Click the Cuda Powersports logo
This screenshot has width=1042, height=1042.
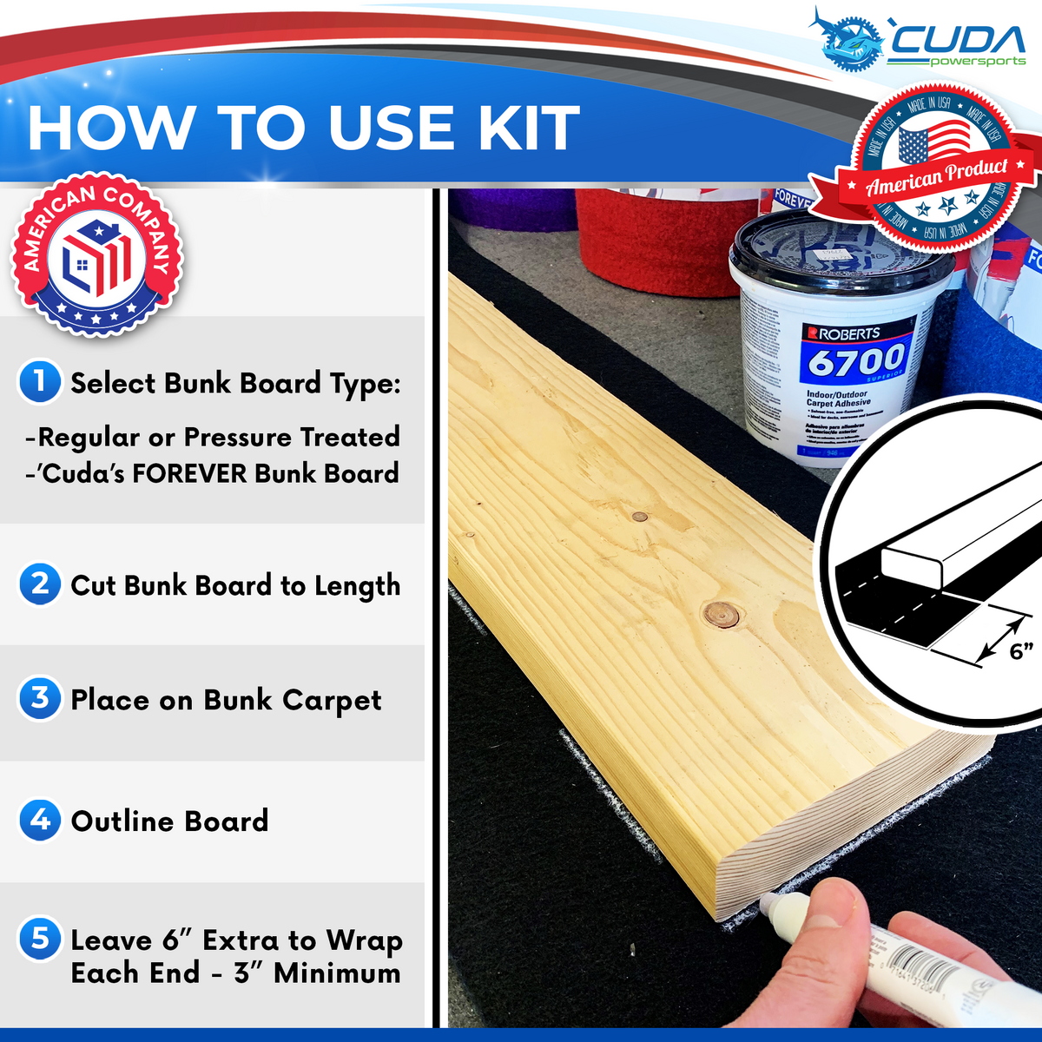(x=920, y=39)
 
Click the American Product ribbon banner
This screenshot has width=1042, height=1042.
(x=937, y=177)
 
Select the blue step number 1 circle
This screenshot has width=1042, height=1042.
(x=40, y=382)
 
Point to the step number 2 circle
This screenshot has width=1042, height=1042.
(x=40, y=584)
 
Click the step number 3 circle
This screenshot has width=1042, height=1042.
(x=40, y=698)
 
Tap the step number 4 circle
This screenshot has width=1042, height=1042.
(x=40, y=820)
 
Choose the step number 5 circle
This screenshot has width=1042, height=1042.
(x=40, y=939)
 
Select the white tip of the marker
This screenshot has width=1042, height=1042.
(x=769, y=907)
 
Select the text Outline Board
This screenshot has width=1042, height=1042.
(x=169, y=821)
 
